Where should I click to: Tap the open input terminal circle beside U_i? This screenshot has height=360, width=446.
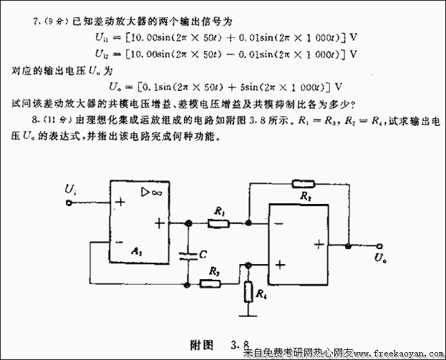click(x=69, y=203)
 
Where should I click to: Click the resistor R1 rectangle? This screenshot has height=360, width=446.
click(x=218, y=223)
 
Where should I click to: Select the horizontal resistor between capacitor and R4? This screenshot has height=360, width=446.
click(x=211, y=283)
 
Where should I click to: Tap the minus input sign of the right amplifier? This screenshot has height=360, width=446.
click(x=276, y=224)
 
